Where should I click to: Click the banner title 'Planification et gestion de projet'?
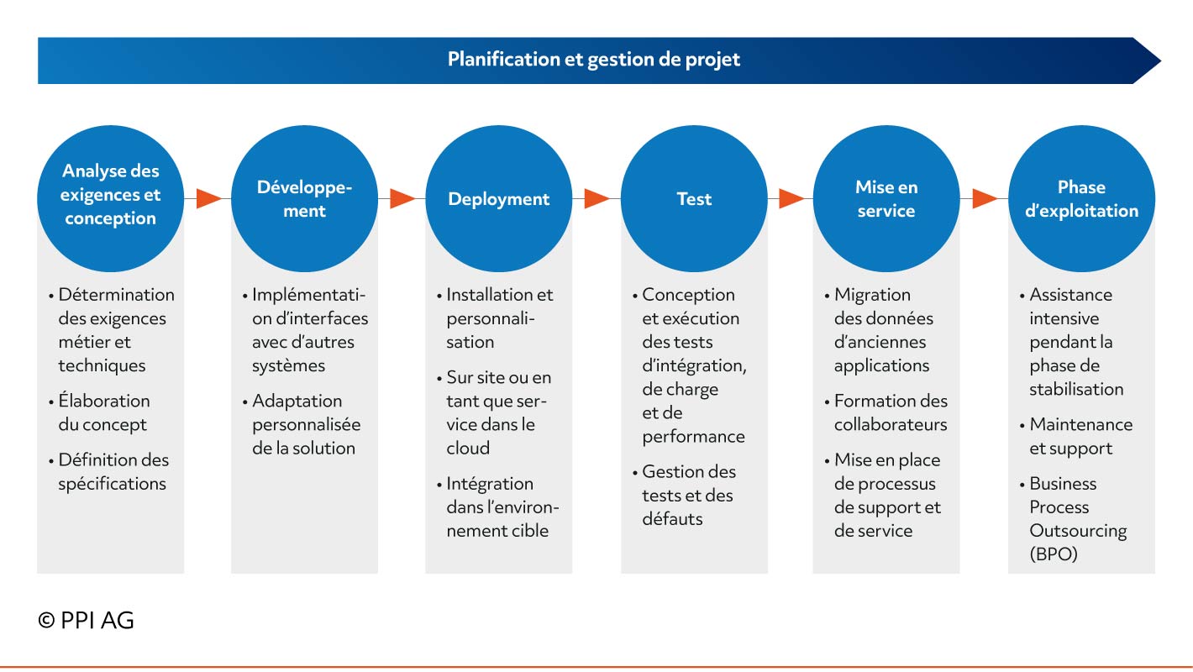(593, 59)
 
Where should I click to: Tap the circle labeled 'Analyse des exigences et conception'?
(111, 198)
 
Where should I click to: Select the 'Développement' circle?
(305, 198)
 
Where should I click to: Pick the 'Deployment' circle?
(499, 198)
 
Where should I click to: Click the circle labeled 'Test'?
(695, 198)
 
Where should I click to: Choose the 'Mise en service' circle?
(886, 198)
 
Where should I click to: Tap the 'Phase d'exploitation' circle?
(1082, 198)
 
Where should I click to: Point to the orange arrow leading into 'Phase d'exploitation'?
(985, 198)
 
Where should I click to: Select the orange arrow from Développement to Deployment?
(402, 198)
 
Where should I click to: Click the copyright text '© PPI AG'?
(86, 621)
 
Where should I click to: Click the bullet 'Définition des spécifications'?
(108, 472)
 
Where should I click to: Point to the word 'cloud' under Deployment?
(468, 449)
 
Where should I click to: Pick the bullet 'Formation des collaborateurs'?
(886, 412)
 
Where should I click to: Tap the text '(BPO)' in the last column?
(1054, 554)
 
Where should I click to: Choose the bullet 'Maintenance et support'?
(1076, 437)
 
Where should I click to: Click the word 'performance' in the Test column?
(693, 437)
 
